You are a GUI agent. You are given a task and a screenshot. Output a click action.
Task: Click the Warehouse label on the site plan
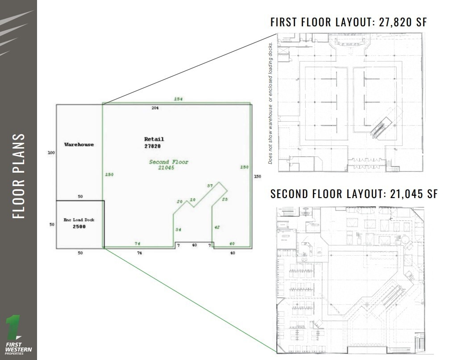tap(79, 145)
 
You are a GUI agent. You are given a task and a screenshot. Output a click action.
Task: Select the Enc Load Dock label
tap(79, 220)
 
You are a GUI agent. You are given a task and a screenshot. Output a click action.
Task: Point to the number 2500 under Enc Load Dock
tap(79, 227)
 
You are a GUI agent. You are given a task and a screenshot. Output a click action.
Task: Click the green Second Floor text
tap(168, 162)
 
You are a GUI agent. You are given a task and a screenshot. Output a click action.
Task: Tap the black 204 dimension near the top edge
tap(155, 108)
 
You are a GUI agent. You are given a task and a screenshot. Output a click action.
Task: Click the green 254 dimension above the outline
tap(179, 98)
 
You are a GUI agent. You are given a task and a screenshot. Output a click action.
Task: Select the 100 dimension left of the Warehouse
tap(51, 153)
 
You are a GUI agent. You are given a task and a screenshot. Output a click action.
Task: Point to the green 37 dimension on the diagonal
tap(209, 186)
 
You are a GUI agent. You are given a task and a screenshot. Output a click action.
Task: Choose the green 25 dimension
tap(224, 199)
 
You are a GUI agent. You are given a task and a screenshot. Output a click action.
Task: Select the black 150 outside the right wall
tap(257, 176)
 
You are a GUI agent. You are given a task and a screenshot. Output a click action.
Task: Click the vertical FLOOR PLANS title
tap(18, 176)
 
